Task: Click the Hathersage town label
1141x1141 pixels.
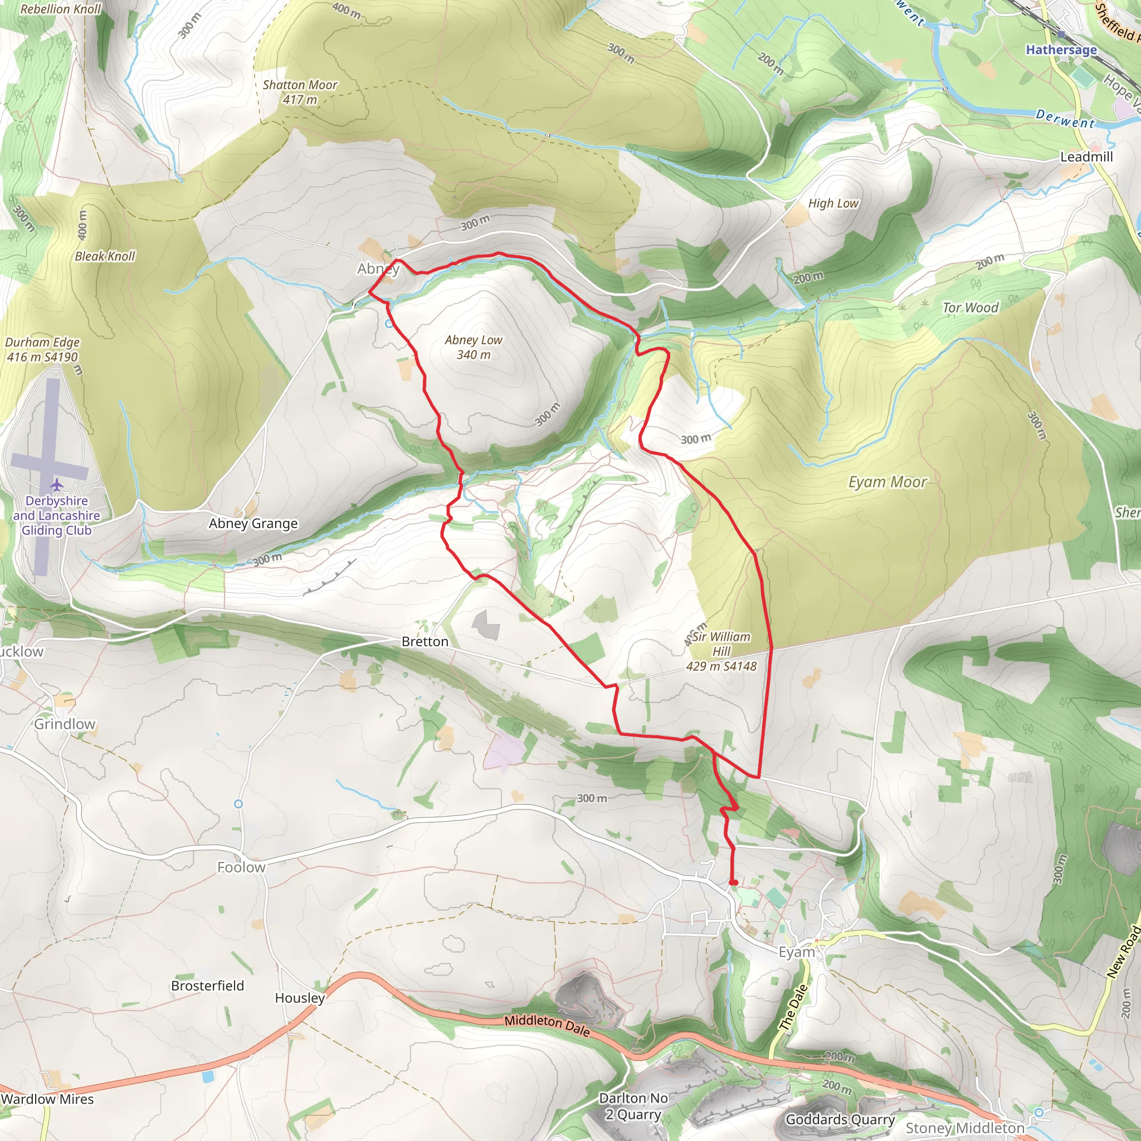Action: (x=1061, y=50)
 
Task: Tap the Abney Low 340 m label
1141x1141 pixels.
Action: (x=473, y=347)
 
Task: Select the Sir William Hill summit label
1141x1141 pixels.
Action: (x=721, y=651)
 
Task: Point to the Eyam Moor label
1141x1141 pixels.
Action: (x=887, y=482)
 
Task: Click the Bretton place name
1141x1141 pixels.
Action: (x=425, y=641)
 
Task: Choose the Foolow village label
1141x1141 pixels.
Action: (x=241, y=867)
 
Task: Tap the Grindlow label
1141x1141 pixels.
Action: (x=65, y=724)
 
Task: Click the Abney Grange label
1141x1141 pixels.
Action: (x=253, y=523)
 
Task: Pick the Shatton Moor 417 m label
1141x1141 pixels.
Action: (x=300, y=92)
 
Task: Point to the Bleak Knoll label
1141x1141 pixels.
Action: (x=105, y=256)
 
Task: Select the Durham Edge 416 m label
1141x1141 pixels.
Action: (x=42, y=350)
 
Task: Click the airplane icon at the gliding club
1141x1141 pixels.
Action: (x=57, y=485)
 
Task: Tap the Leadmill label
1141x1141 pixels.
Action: (x=1086, y=157)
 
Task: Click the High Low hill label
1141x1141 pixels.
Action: (x=833, y=203)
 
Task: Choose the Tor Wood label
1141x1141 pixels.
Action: (x=971, y=307)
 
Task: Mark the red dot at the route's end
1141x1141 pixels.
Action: (x=734, y=882)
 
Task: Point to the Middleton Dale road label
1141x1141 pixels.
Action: (x=547, y=1025)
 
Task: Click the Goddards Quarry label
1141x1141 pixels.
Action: (x=840, y=1119)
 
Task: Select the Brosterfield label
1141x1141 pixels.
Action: (x=207, y=986)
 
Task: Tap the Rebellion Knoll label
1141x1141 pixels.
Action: (x=61, y=9)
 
